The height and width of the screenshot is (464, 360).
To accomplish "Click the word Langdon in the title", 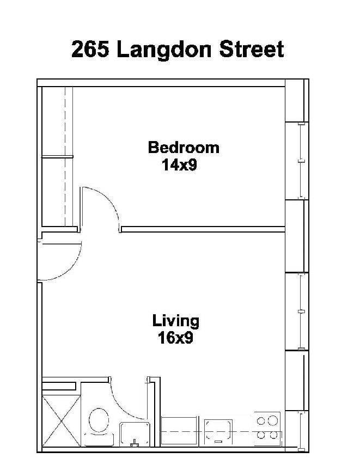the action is (164, 50).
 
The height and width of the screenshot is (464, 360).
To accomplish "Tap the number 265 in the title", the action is (90, 49).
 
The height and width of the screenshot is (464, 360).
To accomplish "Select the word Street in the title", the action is (252, 49).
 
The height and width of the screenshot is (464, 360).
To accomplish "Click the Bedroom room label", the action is (184, 148).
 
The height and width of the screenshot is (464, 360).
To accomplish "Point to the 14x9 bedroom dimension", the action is (179, 165).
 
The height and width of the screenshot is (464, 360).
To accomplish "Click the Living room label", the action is (176, 321).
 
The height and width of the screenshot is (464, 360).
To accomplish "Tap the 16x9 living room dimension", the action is (175, 338).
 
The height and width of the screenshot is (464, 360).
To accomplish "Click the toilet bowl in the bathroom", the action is (99, 420).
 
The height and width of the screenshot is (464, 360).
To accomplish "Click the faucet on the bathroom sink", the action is (135, 443).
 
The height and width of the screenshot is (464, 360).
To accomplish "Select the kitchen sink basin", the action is (218, 431).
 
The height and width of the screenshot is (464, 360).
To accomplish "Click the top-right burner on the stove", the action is (273, 420).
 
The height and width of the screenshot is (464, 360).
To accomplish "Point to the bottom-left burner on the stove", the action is (261, 435).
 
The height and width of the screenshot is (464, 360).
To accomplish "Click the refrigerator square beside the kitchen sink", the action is (179, 431).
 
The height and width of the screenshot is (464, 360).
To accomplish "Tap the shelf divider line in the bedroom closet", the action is (57, 156).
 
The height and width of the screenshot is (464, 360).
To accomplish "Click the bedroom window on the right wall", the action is (301, 161).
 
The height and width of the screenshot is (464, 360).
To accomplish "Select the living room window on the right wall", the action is (301, 312).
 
